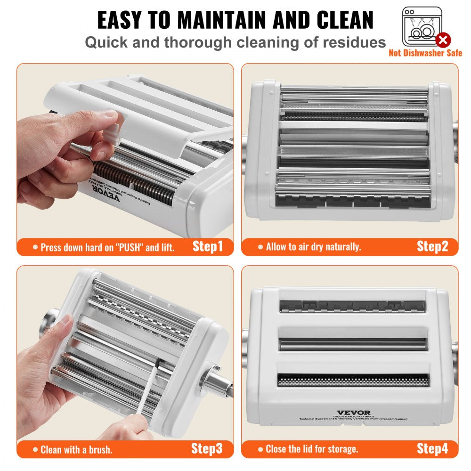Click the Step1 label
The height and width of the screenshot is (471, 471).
(207, 246)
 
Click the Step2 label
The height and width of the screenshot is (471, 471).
(432, 246)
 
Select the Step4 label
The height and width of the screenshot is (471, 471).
(432, 448)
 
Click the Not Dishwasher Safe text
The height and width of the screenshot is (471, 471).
(425, 53)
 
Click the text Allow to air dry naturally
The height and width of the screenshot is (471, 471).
(313, 247)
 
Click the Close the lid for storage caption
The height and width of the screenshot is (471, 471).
(312, 449)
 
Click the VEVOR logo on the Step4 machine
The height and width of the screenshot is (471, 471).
(353, 413)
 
